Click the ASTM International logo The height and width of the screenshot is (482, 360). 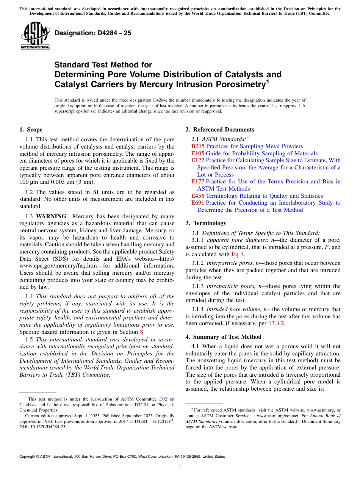click(35, 36)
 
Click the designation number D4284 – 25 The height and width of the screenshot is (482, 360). click(93, 33)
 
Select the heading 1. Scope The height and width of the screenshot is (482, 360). click(31, 130)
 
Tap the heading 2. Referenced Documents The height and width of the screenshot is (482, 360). click(220, 130)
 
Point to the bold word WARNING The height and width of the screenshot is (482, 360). click(51, 216)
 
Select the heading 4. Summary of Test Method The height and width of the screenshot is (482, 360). click(224, 337)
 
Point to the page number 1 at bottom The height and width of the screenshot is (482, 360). click(180, 466)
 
